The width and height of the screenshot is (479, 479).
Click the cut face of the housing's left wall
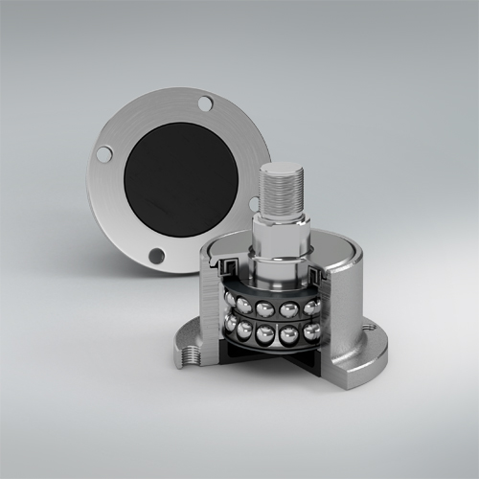[213, 307]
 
